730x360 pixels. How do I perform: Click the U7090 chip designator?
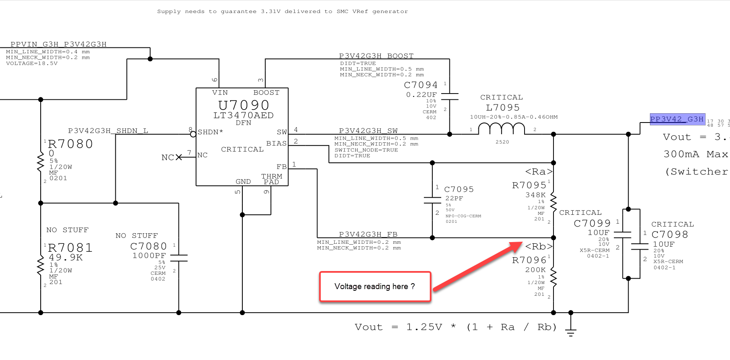click(244, 105)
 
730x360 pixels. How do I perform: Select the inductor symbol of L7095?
click(501, 128)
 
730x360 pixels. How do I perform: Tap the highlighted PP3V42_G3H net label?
click(677, 119)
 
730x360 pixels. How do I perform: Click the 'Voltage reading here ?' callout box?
click(375, 287)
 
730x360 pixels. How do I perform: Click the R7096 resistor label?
click(529, 261)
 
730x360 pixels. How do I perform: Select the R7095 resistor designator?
click(529, 185)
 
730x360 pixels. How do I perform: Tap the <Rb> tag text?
click(539, 247)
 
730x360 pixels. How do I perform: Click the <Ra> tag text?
click(539, 172)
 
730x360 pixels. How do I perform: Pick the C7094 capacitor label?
click(421, 85)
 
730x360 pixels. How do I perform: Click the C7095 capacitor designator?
click(459, 189)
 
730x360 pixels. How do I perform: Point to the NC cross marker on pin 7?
click(179, 157)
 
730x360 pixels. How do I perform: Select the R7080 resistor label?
click(70, 144)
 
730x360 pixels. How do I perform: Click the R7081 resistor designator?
click(70, 248)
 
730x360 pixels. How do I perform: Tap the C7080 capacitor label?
click(148, 246)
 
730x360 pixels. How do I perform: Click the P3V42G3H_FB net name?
click(368, 234)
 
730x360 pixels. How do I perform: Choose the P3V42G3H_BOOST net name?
click(376, 56)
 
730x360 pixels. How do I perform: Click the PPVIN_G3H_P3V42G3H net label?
click(58, 44)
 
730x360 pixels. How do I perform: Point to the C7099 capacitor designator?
click(592, 224)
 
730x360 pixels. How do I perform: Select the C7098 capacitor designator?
click(670, 235)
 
